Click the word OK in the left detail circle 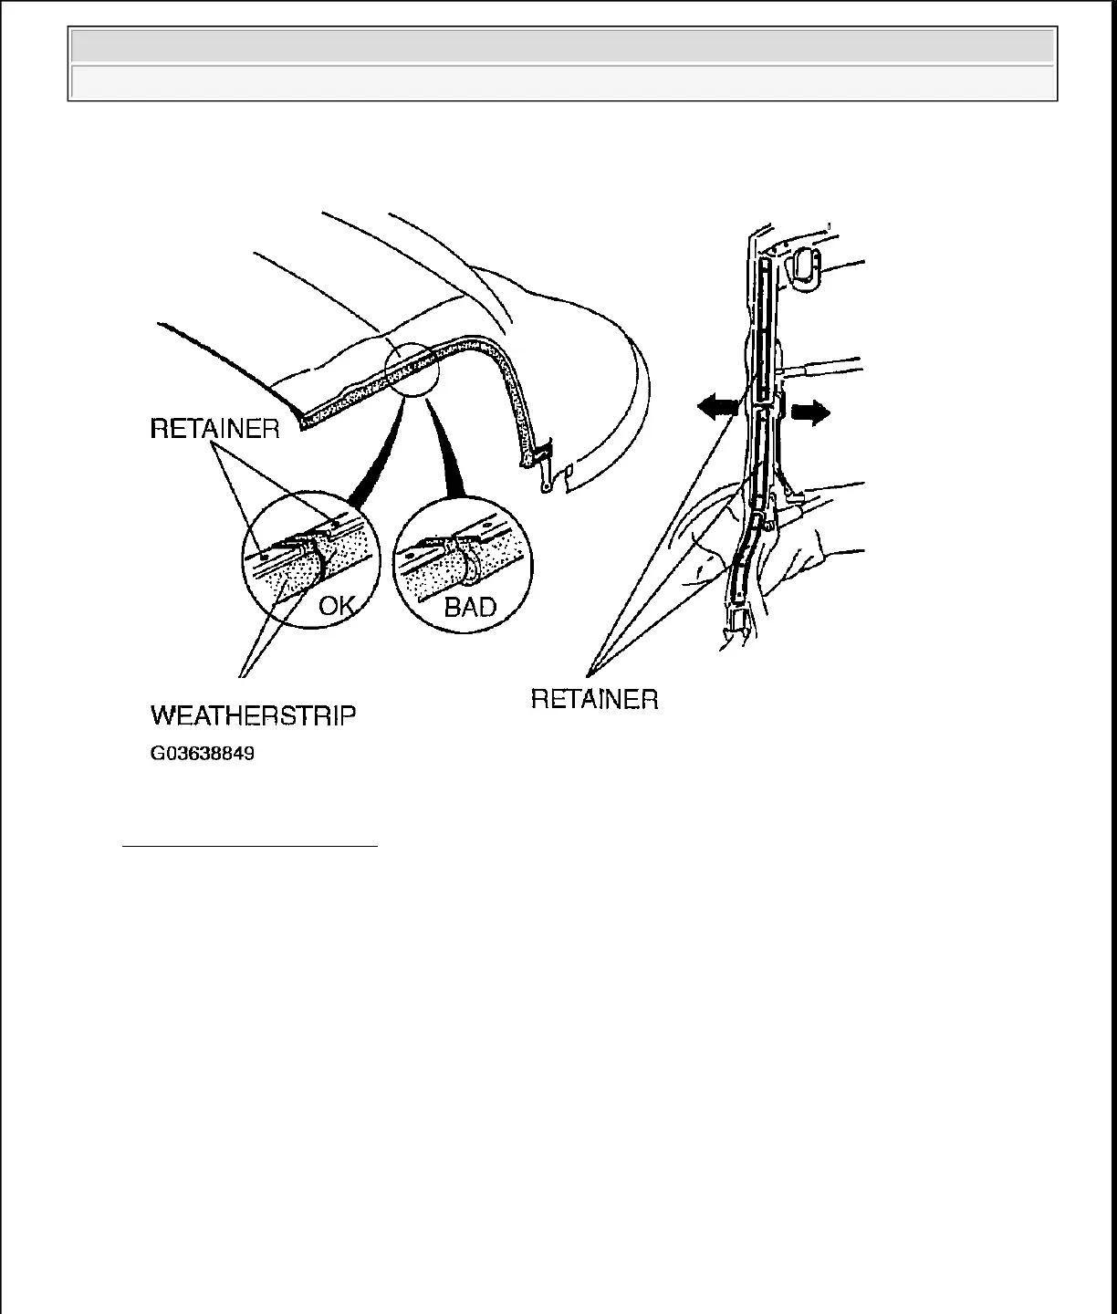[x=337, y=606]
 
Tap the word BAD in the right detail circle [x=470, y=607]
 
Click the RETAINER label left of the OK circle [x=215, y=429]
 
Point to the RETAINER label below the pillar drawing [x=594, y=699]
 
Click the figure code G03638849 [x=203, y=754]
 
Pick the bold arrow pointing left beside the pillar [x=717, y=407]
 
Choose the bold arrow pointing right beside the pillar [x=810, y=413]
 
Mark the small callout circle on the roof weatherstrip [x=412, y=366]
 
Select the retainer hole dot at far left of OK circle [x=263, y=551]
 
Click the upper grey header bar [x=562, y=45]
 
